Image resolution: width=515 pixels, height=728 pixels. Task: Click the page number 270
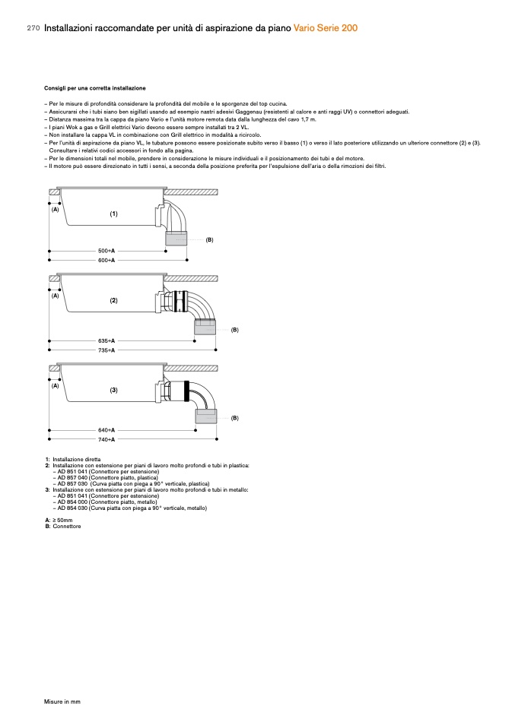(33, 28)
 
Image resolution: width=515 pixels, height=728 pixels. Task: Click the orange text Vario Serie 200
(325, 28)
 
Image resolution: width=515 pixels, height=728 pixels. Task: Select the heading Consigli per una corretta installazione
(95, 89)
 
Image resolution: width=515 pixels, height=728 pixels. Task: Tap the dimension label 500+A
(106, 250)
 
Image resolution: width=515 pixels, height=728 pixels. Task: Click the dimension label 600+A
(106, 260)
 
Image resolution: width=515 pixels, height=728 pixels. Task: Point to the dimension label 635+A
(106, 340)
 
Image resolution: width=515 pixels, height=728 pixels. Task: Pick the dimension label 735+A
(106, 350)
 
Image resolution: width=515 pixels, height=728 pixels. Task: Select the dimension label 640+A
(106, 430)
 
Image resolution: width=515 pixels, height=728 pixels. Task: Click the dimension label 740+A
(106, 440)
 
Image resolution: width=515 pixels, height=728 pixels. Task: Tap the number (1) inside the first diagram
(113, 214)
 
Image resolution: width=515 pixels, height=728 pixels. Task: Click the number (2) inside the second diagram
(113, 301)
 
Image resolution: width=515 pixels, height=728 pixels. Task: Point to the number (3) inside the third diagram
(113, 390)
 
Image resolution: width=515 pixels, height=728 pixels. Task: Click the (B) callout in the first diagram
(209, 239)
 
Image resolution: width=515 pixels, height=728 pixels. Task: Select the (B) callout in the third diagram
(235, 418)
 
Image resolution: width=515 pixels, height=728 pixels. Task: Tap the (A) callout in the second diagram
(56, 296)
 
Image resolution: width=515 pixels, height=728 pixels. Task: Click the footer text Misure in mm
(62, 701)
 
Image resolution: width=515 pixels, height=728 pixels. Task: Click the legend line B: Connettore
(63, 526)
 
